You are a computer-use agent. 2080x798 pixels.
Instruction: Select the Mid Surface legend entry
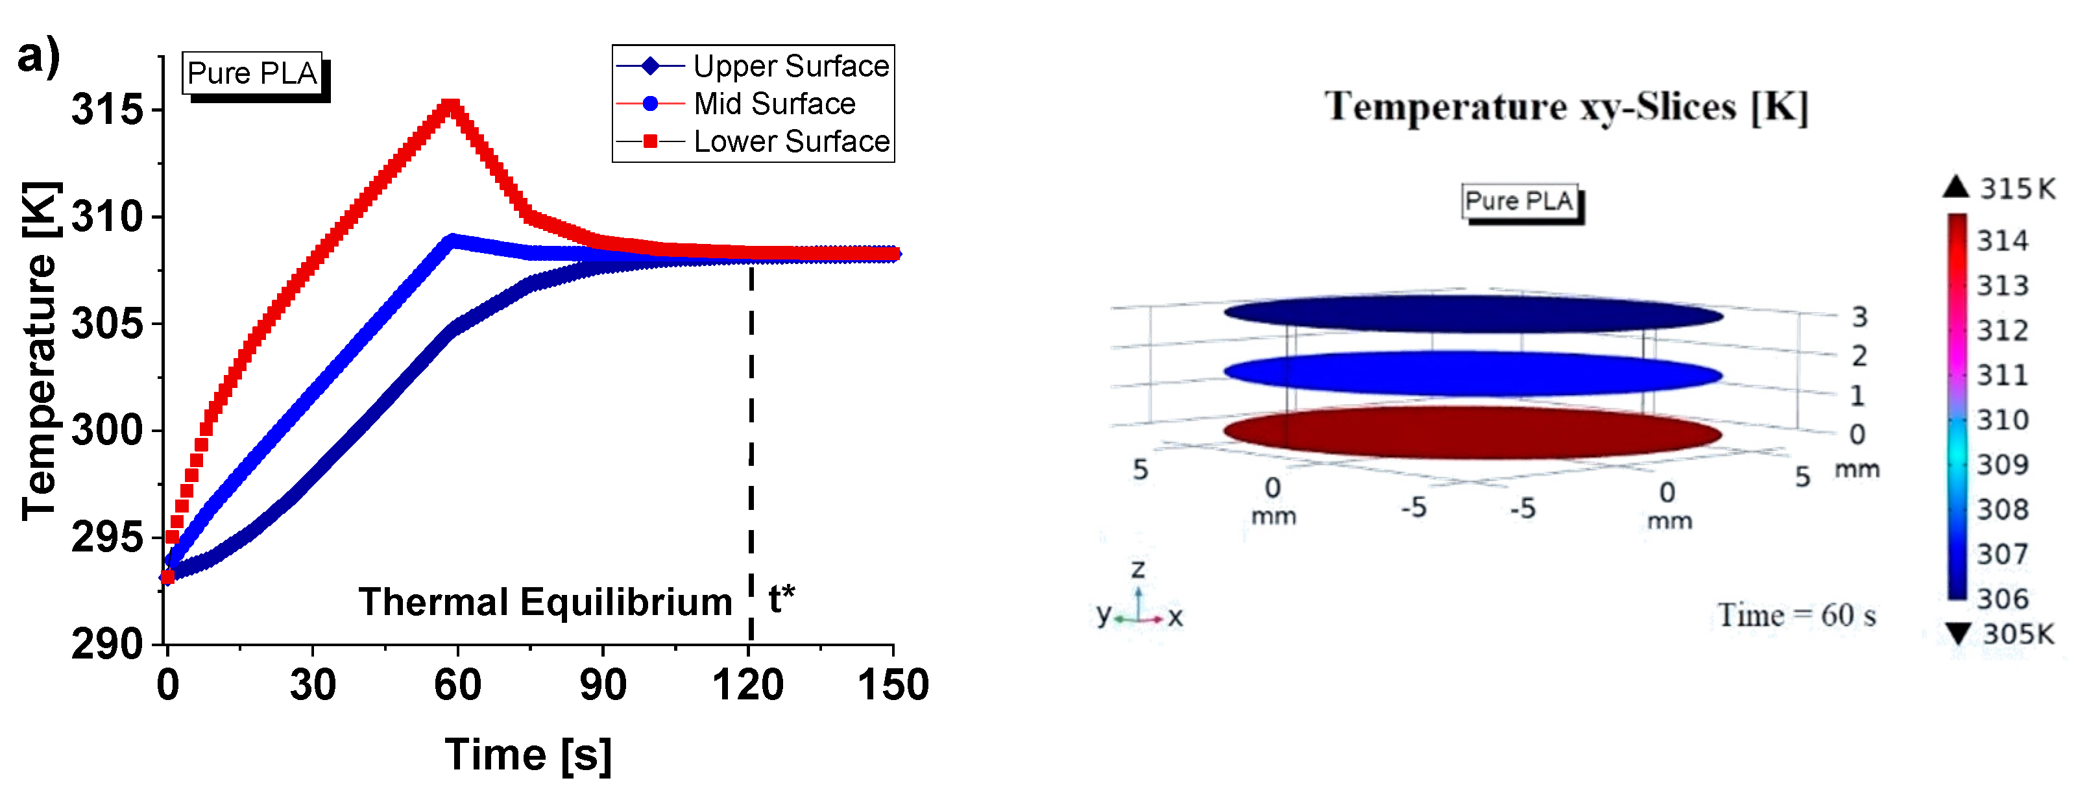(x=773, y=103)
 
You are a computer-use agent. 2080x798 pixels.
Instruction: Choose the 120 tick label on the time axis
(x=747, y=685)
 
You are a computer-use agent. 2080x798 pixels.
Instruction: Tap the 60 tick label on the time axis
(x=457, y=685)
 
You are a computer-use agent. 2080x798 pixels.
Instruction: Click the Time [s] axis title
(x=528, y=755)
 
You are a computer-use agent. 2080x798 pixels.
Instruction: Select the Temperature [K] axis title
(x=39, y=352)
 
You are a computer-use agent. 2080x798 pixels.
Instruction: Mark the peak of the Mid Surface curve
(x=452, y=240)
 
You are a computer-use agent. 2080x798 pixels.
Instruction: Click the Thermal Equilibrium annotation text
(x=545, y=601)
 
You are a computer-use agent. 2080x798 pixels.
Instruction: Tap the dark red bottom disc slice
(x=1472, y=433)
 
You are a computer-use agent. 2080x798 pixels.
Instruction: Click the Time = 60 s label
(x=1796, y=616)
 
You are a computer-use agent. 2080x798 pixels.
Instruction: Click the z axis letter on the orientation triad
(x=1138, y=570)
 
